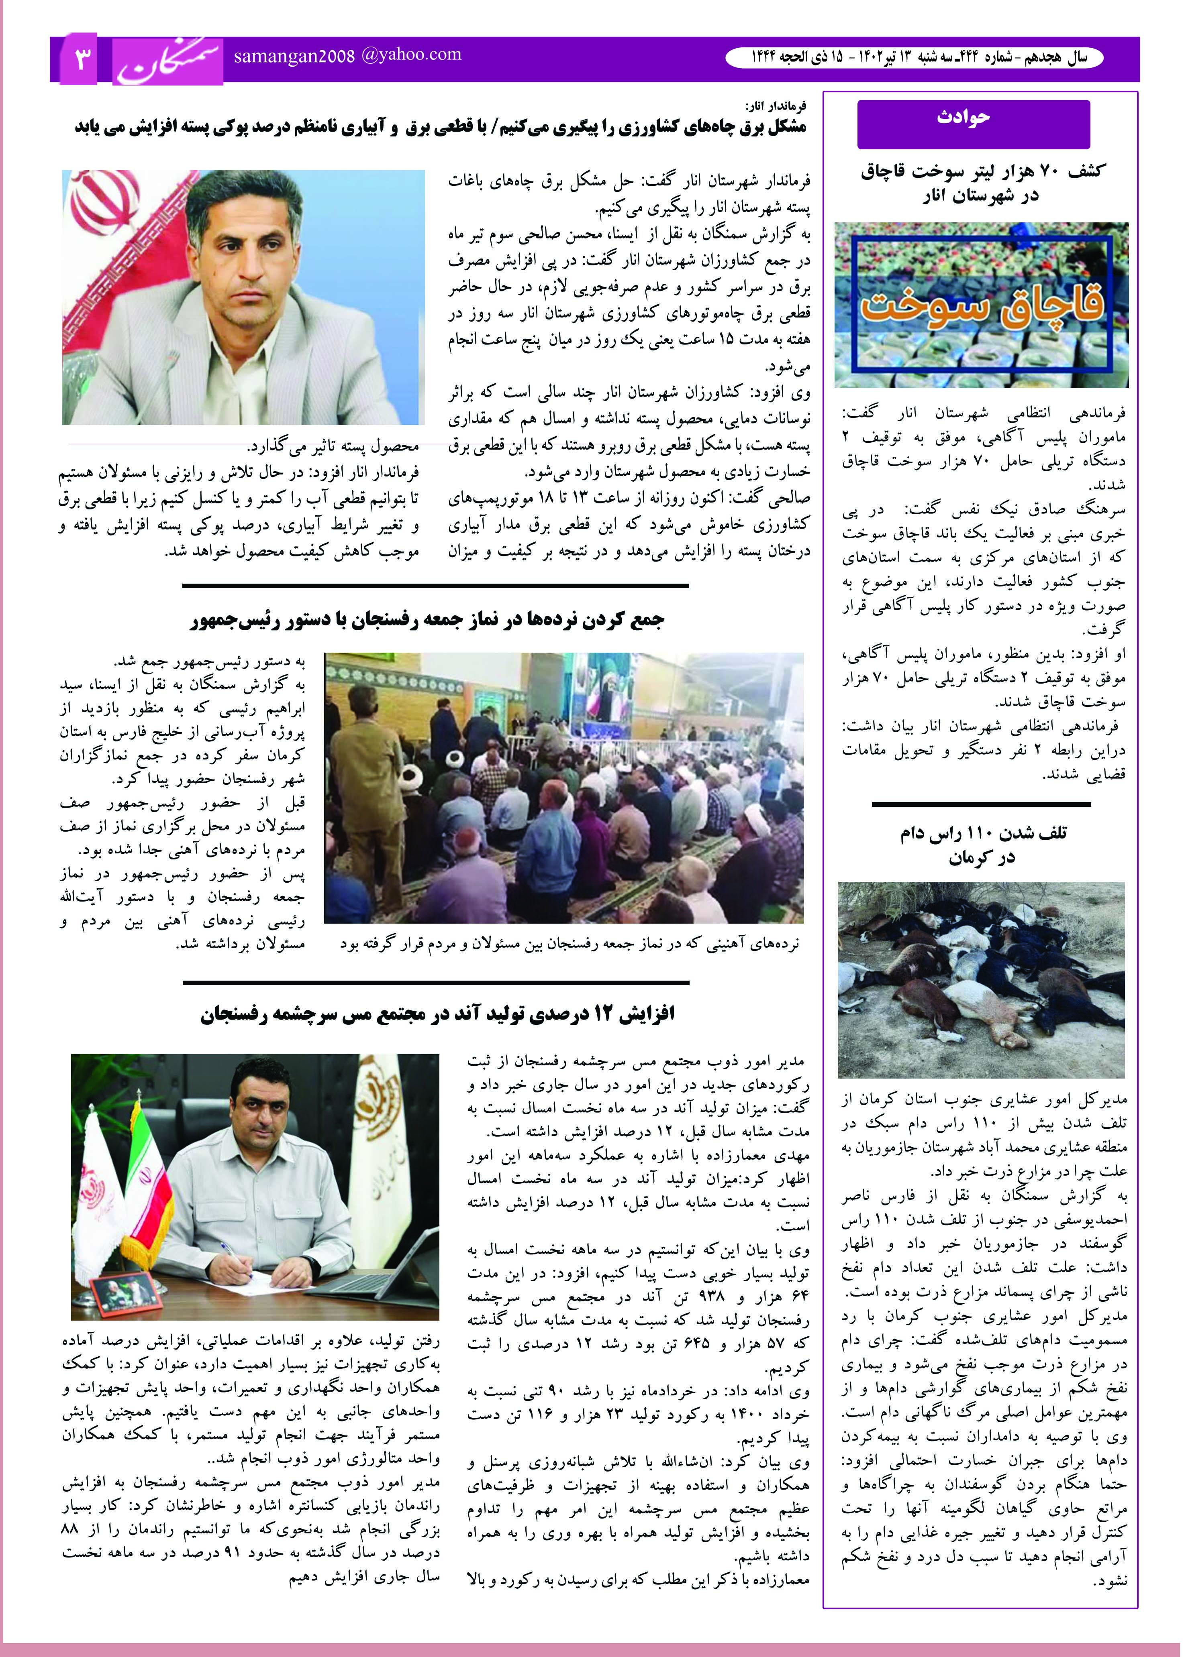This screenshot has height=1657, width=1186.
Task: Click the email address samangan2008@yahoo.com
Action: tap(348, 55)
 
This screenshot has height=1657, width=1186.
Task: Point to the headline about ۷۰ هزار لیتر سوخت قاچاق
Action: tap(982, 183)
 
